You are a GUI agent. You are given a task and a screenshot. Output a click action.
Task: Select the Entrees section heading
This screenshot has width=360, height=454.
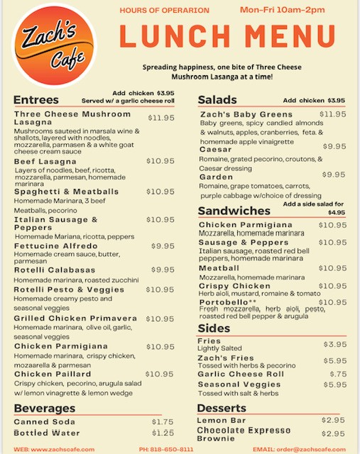coord(36,99)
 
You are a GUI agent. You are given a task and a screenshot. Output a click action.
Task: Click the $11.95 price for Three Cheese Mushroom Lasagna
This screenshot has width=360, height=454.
coord(160,118)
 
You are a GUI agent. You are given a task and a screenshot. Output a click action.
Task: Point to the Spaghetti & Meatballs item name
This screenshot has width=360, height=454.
coord(67,192)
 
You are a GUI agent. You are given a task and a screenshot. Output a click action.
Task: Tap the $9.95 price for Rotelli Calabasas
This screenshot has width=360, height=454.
coord(163,270)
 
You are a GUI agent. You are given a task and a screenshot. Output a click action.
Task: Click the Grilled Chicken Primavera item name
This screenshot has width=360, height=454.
coord(75,319)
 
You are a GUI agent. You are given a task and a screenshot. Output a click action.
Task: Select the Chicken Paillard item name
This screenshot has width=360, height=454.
coord(52,374)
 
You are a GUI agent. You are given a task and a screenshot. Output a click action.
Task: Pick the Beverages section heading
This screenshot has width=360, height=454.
coord(45,409)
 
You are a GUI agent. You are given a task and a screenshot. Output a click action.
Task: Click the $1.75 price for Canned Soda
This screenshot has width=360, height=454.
coord(163,421)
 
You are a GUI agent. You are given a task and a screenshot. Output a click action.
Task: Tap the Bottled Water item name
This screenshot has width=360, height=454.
coord(47,433)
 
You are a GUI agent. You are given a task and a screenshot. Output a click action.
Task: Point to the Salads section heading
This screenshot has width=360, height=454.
coord(217,99)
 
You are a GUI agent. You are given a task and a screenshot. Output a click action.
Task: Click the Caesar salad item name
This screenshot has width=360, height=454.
coord(216,150)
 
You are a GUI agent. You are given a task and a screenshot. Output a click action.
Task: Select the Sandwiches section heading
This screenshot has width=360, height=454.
coord(234,211)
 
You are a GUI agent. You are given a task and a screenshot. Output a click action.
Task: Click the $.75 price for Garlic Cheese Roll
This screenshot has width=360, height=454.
coord(338,374)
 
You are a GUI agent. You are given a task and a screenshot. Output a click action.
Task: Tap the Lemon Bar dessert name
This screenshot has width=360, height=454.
coord(220,421)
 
